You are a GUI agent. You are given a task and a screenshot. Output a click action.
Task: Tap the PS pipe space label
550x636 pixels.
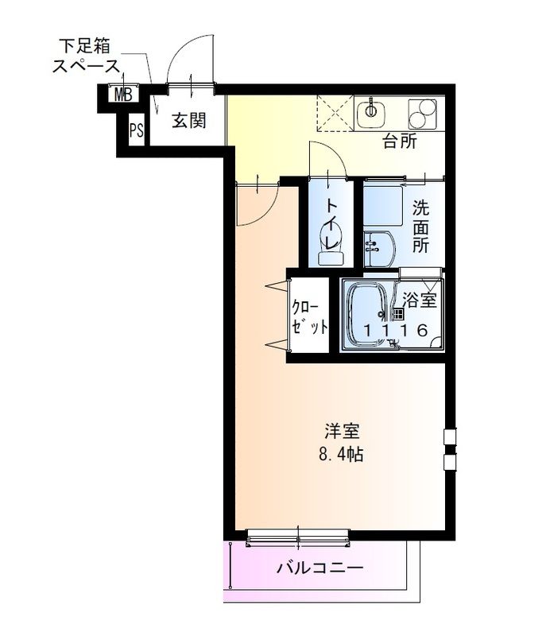pyautogui.click(x=137, y=130)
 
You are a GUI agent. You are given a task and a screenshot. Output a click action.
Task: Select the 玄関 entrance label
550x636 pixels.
pyautogui.click(x=190, y=121)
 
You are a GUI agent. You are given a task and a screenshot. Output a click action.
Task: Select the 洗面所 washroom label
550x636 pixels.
pyautogui.click(x=420, y=227)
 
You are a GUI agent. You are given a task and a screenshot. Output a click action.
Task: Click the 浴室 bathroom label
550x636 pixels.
pyautogui.click(x=420, y=301)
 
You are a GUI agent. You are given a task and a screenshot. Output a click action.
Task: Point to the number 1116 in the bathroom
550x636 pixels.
pyautogui.click(x=396, y=330)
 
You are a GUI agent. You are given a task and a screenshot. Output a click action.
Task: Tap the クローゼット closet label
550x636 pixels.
pyautogui.click(x=308, y=316)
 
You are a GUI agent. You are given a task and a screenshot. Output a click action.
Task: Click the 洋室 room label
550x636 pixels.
pyautogui.click(x=343, y=433)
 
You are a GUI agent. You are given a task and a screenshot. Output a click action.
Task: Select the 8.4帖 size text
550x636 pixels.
pyautogui.click(x=343, y=456)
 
